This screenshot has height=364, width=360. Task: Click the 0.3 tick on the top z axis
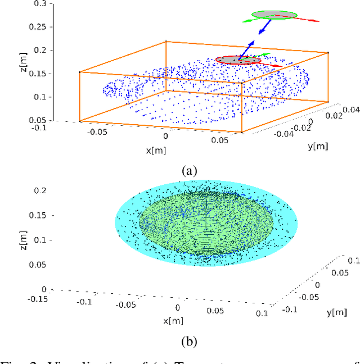point(41,4)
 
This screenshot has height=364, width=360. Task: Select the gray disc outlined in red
point(238,60)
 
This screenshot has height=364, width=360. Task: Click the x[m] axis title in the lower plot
point(174,321)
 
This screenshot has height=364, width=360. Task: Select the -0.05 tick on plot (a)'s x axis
point(98,131)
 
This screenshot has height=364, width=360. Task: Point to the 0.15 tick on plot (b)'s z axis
point(39,215)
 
